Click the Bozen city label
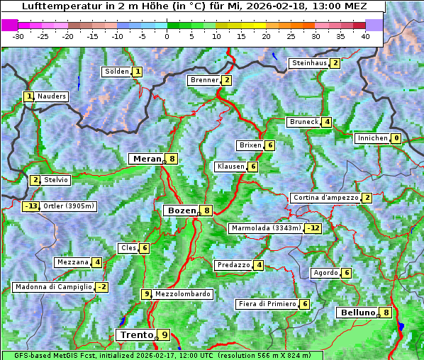[182, 210]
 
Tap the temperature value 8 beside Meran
[172, 159]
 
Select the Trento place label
[137, 334]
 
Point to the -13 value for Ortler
[31, 206]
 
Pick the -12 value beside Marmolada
[313, 228]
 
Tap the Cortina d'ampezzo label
[325, 198]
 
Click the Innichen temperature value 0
[396, 138]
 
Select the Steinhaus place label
[309, 63]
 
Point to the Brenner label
[204, 80]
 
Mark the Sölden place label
[117, 72]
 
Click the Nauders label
[52, 96]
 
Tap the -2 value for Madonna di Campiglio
[102, 287]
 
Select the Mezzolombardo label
[182, 294]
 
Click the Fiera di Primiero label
[267, 304]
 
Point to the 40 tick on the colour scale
[365, 36]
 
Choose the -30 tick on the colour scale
[18, 36]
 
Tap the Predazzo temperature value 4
[260, 265]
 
